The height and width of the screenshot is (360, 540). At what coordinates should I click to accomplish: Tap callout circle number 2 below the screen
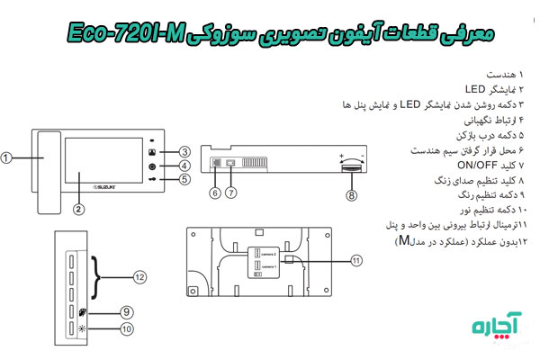point(80,209)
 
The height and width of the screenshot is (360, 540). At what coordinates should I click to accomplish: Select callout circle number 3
point(184,151)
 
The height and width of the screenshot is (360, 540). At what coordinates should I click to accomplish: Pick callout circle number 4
point(184,166)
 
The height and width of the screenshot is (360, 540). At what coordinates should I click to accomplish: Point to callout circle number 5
point(184,179)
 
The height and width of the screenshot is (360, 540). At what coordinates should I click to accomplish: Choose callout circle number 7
point(231,192)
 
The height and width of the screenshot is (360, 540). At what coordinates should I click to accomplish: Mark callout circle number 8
point(351,193)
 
